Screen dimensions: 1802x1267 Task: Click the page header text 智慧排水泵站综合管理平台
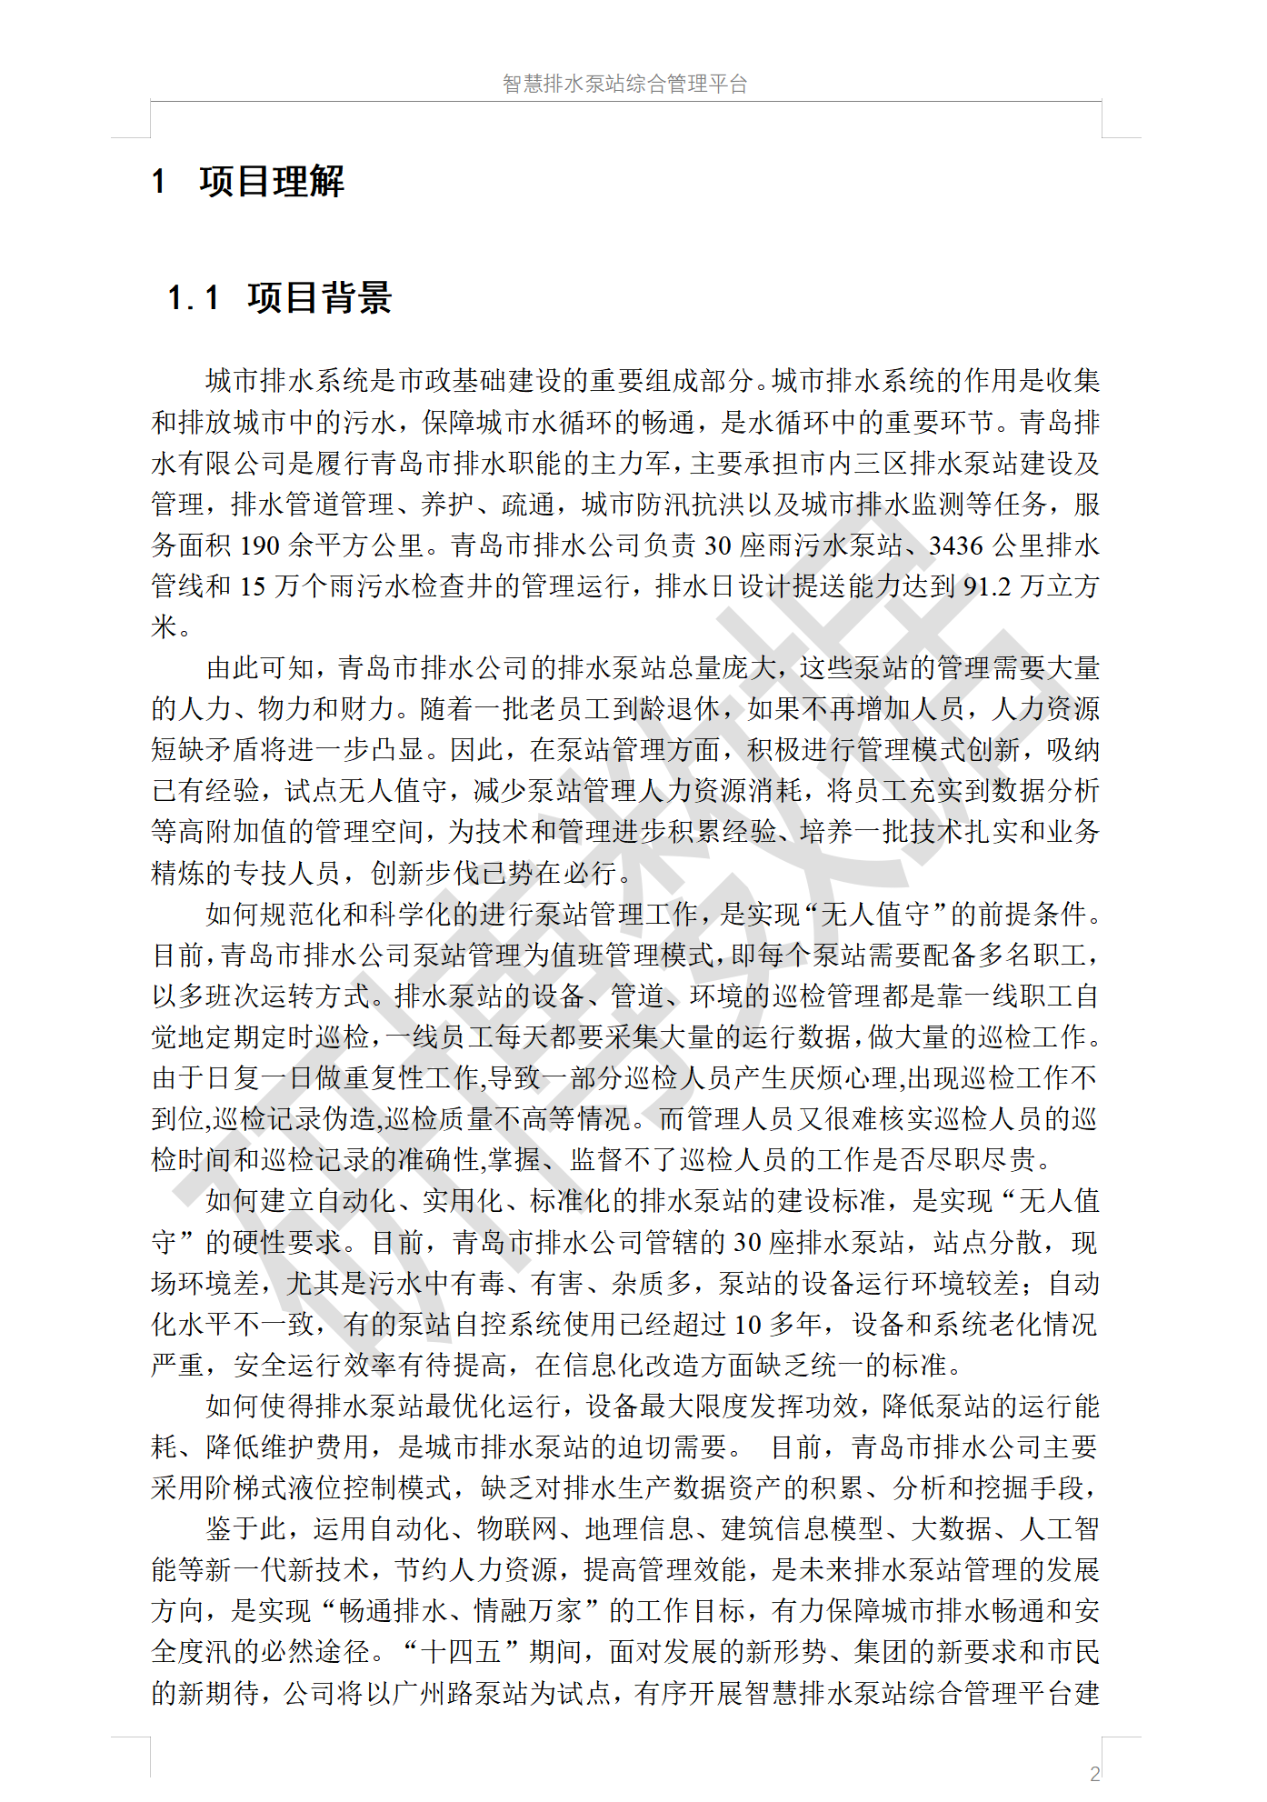pos(624,84)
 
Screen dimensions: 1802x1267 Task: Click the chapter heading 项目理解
pos(272,182)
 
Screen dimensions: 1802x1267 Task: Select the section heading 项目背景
pos(319,297)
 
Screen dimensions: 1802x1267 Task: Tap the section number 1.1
pos(194,297)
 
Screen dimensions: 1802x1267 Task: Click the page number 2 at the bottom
pos(1094,1773)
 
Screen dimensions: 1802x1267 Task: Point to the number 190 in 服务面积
pos(259,546)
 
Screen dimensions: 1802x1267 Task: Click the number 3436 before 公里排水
pos(956,546)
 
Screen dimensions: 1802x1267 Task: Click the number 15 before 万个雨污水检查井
pos(253,586)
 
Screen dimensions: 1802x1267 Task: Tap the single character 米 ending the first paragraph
pos(165,627)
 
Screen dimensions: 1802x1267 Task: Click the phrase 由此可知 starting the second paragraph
pos(260,668)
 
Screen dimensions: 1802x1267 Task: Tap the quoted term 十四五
pos(464,1652)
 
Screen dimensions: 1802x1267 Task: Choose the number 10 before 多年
pos(747,1325)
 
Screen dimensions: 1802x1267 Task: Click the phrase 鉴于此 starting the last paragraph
pos(246,1529)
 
